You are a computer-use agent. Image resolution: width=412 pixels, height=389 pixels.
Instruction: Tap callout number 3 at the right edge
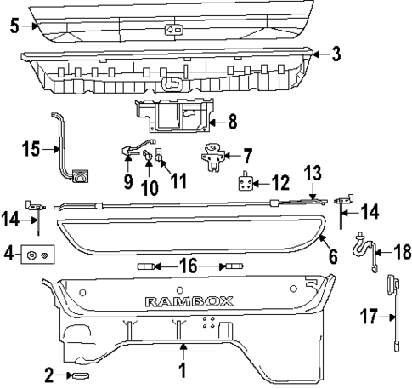(x=336, y=54)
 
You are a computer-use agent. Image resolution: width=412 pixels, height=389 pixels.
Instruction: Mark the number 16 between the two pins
(x=189, y=267)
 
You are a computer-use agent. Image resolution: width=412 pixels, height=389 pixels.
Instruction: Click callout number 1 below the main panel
(x=182, y=370)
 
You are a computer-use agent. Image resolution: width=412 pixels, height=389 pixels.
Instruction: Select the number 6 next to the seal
(x=333, y=254)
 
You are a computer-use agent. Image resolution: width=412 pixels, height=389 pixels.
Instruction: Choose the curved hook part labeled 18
(x=366, y=253)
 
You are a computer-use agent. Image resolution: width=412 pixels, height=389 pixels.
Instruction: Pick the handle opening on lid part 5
(x=173, y=28)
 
